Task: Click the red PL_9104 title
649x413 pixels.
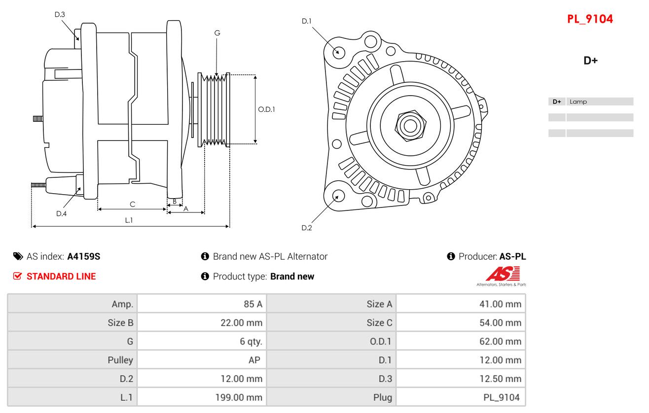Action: pos(590,19)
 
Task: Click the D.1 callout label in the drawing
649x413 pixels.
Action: pos(307,21)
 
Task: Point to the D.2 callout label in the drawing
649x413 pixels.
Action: pos(307,228)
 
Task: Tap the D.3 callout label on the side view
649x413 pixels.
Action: pos(60,14)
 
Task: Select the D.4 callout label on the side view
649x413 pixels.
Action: pos(61,213)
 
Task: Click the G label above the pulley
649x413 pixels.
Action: pos(217,33)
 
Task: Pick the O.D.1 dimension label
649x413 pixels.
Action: pos(266,109)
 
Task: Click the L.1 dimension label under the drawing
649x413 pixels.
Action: pos(129,220)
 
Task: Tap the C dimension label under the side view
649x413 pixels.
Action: pos(132,204)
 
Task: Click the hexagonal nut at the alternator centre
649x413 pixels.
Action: pos(409,125)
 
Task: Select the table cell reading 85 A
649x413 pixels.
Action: pos(252,304)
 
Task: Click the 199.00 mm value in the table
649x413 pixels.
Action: pos(239,397)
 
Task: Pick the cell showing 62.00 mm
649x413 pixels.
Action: pos(500,342)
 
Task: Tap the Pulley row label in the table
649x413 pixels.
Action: pos(120,360)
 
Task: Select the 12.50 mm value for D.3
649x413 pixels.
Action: pos(500,379)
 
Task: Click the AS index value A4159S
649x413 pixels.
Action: pos(84,256)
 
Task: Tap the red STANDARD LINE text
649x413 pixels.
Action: pos(61,276)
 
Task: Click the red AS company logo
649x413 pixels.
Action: pos(503,274)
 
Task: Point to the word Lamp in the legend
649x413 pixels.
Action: pos(578,102)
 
